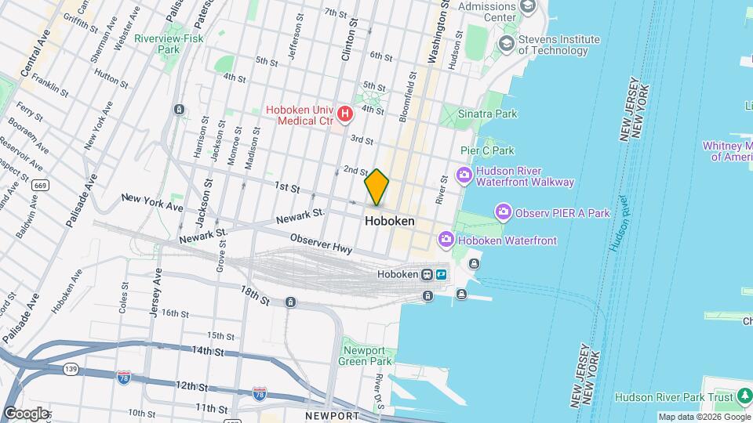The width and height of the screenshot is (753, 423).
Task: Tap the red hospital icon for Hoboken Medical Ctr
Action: pos(344,116)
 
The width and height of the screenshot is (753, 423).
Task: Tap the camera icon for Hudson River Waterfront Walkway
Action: pos(464,175)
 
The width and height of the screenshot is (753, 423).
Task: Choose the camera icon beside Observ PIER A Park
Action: pos(503,211)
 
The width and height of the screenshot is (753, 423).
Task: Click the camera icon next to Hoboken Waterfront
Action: pos(446,238)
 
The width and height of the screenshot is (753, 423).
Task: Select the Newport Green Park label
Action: pos(364,356)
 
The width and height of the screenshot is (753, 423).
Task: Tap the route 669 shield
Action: pos(40,186)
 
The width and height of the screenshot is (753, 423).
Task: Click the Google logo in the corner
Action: pos(25,413)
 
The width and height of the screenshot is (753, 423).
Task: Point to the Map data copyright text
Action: pos(704,417)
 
